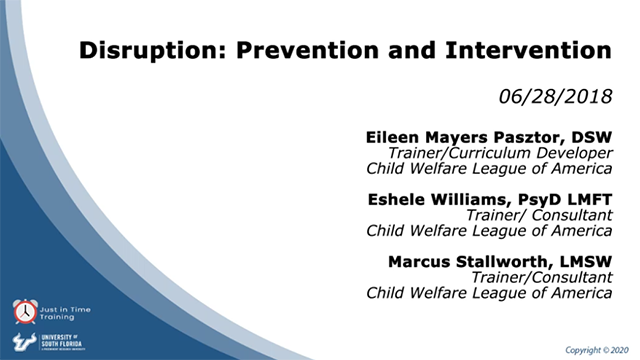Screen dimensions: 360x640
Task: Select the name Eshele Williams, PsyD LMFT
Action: (486, 198)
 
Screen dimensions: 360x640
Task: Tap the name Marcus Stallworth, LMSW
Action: (501, 262)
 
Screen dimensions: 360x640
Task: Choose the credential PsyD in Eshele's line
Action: (541, 198)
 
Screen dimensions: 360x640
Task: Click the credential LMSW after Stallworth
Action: (586, 262)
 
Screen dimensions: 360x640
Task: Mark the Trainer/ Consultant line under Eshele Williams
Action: (540, 214)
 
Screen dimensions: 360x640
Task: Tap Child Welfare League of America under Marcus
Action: (489, 294)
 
